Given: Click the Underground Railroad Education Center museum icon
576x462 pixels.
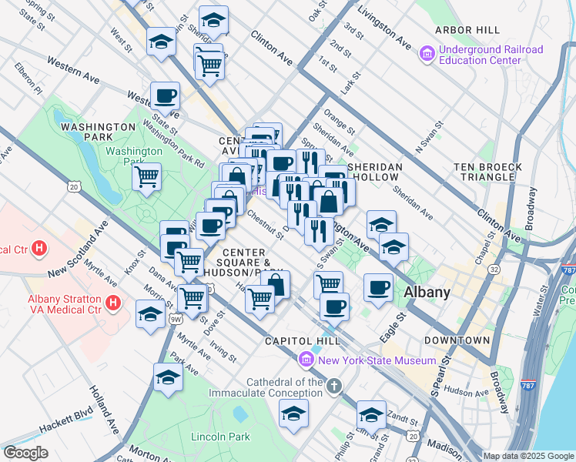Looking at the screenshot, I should [427, 55].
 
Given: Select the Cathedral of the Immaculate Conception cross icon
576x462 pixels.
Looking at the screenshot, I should [333, 384].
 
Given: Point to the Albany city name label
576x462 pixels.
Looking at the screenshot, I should [427, 292].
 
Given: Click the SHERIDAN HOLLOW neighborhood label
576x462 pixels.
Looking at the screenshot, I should [376, 172].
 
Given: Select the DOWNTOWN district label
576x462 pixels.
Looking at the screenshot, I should [460, 340].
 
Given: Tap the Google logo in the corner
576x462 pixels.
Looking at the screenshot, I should [26, 452].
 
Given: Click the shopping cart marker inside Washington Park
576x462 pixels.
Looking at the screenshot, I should [146, 177].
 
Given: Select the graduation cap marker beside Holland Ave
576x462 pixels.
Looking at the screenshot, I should [167, 377].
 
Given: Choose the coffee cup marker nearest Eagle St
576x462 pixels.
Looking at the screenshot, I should [377, 288].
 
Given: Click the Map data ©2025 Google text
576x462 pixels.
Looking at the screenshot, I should [527, 456].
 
